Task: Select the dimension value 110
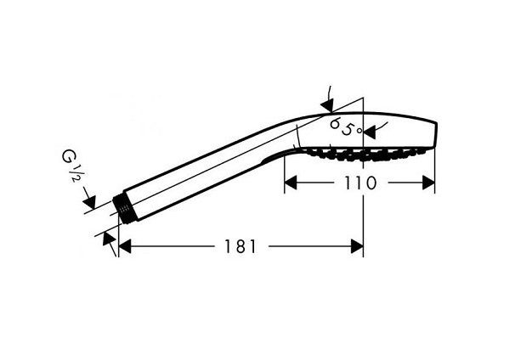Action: coord(359,182)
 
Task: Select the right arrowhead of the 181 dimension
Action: coord(358,246)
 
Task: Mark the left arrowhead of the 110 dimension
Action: coord(289,182)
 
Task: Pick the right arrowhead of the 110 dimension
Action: coord(429,182)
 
